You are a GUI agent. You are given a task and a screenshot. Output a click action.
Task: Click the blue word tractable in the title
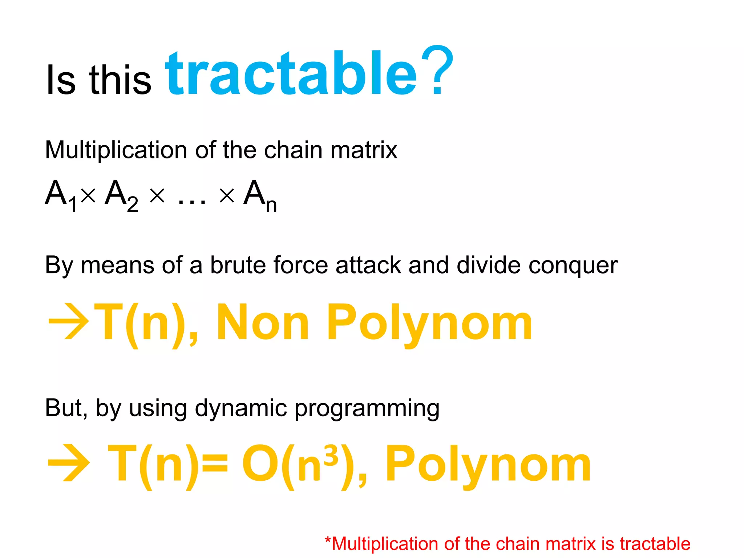(x=291, y=74)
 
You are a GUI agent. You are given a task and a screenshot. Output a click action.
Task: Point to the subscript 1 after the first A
(x=73, y=205)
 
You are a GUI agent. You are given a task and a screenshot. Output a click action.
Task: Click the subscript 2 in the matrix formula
(x=133, y=205)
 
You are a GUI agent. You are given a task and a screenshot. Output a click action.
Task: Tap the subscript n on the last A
(x=271, y=205)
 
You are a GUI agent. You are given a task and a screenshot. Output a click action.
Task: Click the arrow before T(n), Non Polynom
(x=68, y=322)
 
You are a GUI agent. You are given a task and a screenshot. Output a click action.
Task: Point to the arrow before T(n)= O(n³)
(x=68, y=463)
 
